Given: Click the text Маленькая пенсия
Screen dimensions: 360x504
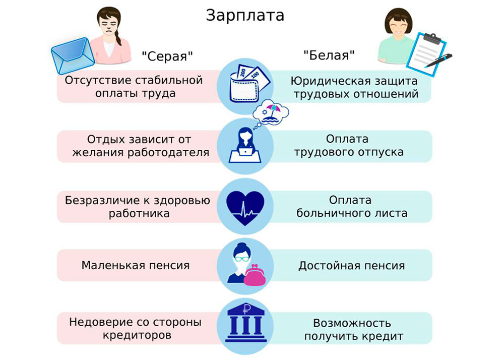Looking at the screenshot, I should pyautogui.click(x=136, y=265).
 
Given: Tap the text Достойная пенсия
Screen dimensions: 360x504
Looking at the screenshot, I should pyautogui.click(x=351, y=265).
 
